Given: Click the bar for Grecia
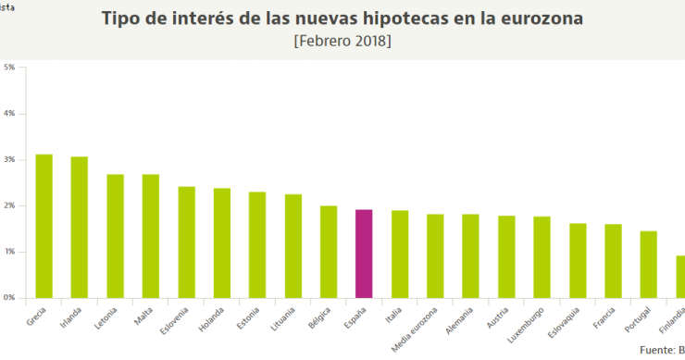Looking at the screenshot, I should (x=44, y=226).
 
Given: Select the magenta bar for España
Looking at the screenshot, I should (x=364, y=254).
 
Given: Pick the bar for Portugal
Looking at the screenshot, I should (x=648, y=264).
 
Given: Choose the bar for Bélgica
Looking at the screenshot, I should (x=329, y=252).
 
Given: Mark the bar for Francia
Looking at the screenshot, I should (x=613, y=261).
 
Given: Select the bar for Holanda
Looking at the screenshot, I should (x=222, y=242).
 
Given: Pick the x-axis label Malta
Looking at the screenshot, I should (x=144, y=314).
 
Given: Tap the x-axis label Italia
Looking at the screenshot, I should (x=392, y=314).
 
